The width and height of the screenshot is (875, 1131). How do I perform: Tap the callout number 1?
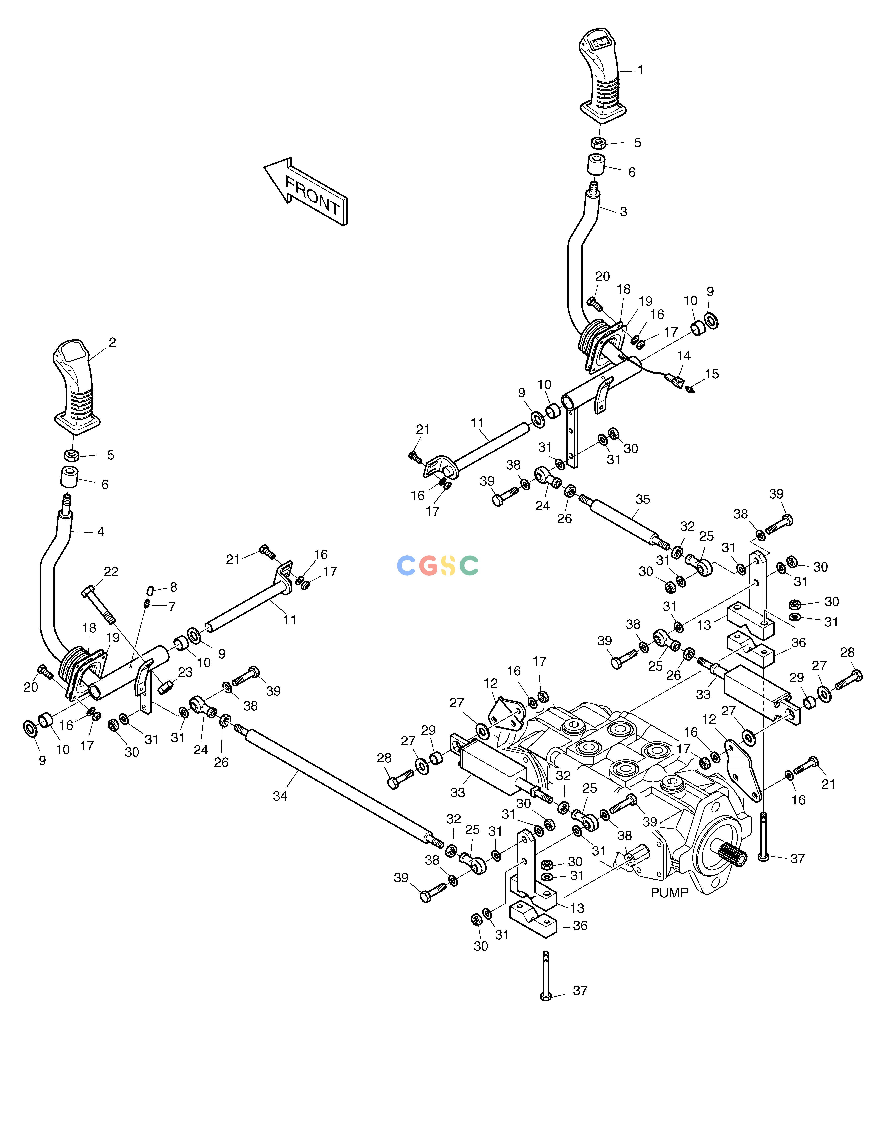(640, 70)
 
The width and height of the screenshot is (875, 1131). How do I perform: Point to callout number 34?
(280, 796)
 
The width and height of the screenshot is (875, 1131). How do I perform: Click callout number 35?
(642, 500)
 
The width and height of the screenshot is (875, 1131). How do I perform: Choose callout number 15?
(712, 374)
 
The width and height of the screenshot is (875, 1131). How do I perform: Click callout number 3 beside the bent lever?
(623, 212)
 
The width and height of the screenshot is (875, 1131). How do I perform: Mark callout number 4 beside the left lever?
(101, 532)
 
